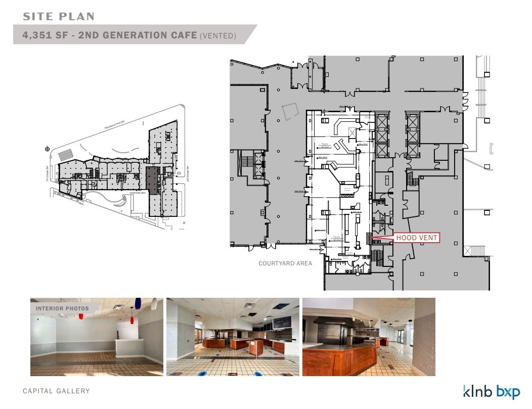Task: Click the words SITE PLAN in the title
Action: (59, 16)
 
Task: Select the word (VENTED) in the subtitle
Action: (218, 36)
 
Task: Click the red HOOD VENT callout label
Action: (417, 238)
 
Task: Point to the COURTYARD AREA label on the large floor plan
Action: (285, 263)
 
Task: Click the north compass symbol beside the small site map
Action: (47, 149)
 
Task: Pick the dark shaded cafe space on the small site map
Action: (151, 179)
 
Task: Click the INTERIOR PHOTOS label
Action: (62, 308)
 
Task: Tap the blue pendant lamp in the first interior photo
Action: (138, 303)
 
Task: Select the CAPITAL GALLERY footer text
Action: (56, 391)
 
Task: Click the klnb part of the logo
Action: (478, 391)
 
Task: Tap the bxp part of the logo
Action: (508, 392)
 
